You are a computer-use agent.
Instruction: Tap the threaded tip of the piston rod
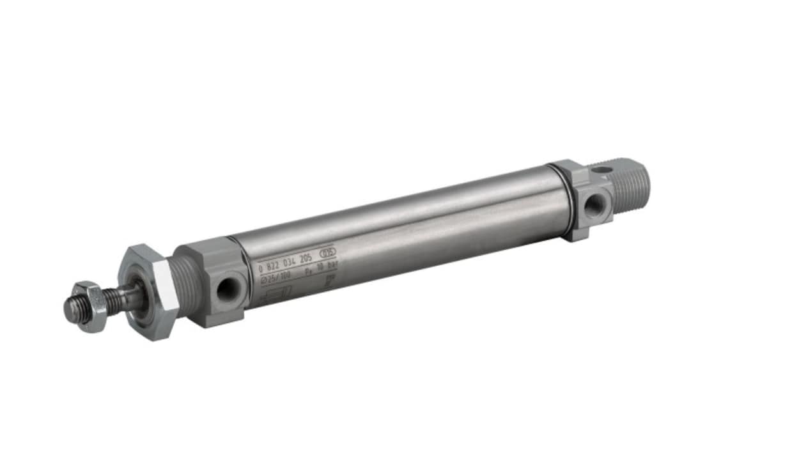[x=72, y=309]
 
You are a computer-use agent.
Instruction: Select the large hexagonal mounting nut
[x=148, y=291]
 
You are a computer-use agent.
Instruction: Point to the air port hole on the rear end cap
[x=594, y=204]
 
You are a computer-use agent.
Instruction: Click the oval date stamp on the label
[x=327, y=252]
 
